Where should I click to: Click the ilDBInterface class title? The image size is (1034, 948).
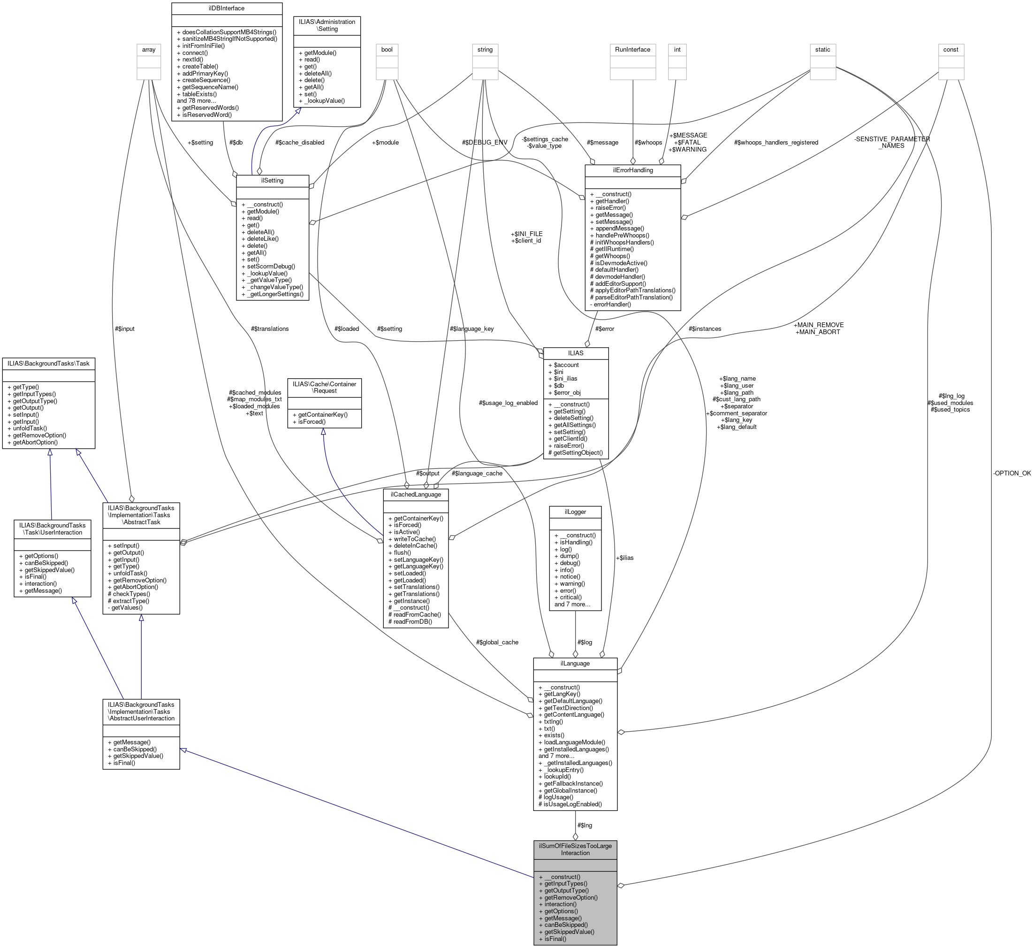(227, 8)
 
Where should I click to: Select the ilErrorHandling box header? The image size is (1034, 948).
(632, 170)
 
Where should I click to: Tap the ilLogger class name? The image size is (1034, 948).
(575, 512)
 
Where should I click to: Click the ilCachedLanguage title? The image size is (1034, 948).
(416, 494)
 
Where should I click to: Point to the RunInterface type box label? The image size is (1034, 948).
(632, 50)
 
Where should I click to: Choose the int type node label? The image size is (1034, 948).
(677, 50)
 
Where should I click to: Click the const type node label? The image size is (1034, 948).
(950, 50)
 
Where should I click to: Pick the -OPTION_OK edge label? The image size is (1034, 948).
(1011, 473)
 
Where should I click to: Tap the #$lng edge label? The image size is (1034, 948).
(585, 826)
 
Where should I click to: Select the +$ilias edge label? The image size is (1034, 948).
(624, 558)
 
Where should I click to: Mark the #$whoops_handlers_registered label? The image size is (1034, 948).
(775, 143)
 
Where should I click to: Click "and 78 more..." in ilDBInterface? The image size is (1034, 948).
(197, 100)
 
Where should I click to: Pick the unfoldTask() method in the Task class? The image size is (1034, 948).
(30, 428)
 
